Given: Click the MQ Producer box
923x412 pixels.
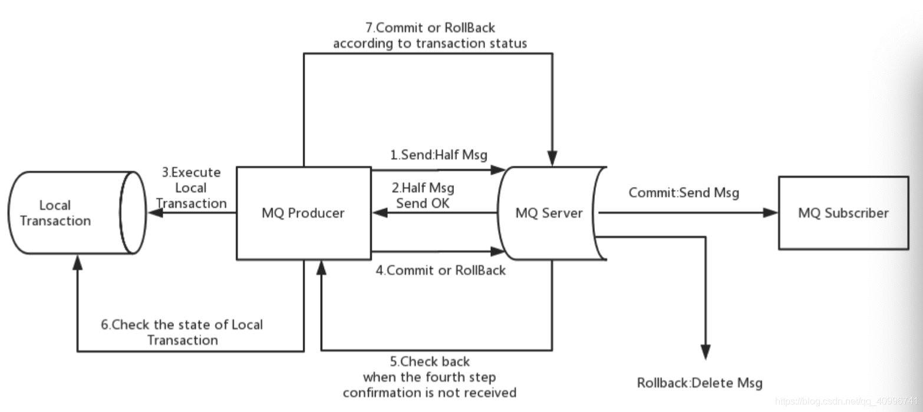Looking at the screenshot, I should [304, 213].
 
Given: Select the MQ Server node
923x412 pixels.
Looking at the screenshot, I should [549, 213].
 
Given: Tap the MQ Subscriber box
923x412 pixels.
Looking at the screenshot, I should [843, 213].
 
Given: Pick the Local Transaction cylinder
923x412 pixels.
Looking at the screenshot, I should [65, 213].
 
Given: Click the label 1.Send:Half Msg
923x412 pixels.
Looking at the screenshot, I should [439, 155].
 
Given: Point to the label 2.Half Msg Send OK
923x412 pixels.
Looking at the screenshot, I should [423, 196].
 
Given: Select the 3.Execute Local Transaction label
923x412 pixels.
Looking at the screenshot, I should [192, 188].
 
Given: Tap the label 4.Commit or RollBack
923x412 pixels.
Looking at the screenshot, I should [441, 271].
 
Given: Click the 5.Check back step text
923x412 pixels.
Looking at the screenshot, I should [430, 377].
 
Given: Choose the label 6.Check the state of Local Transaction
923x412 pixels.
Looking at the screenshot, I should [182, 332].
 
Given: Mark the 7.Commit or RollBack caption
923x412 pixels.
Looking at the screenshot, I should [430, 35].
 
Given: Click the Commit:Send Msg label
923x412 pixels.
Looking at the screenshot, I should [684, 192].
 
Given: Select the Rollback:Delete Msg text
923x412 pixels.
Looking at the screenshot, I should [700, 383].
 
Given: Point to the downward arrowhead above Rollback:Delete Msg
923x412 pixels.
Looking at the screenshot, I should [705, 351].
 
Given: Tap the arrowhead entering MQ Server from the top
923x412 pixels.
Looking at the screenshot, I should [552, 159].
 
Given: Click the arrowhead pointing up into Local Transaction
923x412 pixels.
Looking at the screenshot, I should [77, 263].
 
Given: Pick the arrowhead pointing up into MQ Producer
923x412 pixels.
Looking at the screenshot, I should [321, 268].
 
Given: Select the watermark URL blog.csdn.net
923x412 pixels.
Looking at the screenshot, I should [848, 401].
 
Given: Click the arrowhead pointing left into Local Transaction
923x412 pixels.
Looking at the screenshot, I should [155, 212].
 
